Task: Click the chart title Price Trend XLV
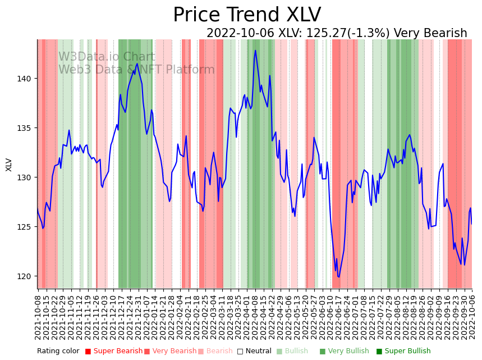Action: tap(247, 15)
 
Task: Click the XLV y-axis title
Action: tap(9, 164)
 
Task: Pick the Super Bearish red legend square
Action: tap(88, 352)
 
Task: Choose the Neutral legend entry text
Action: tap(258, 352)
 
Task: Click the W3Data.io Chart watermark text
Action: tap(107, 57)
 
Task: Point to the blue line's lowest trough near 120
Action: tap(338, 277)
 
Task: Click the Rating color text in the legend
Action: tap(58, 352)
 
